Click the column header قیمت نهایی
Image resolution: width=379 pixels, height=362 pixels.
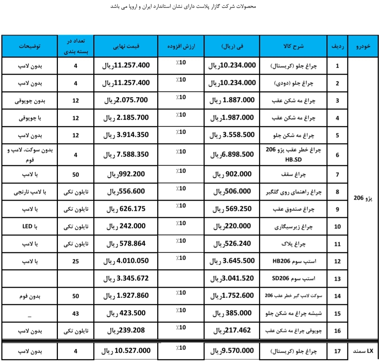click(126, 46)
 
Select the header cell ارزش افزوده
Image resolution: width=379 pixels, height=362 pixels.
click(180, 46)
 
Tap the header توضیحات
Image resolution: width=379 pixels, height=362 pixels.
click(30, 46)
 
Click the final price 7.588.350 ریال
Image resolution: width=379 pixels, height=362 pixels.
click(126, 154)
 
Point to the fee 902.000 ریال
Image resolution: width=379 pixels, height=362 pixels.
click(233, 174)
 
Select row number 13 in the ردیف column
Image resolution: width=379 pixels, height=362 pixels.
click(337, 279)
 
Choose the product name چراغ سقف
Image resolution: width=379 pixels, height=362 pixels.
click(293, 174)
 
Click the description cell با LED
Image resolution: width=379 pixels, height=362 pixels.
click(30, 227)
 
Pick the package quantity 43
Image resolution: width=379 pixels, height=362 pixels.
click(75, 314)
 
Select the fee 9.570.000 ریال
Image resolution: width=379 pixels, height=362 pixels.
click(233, 350)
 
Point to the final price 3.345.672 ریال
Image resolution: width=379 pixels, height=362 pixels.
click(126, 279)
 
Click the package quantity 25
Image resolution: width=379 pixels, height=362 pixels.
click(75, 261)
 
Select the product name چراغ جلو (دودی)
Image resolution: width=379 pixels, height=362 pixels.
click(293, 83)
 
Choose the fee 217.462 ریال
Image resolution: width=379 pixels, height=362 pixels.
click(233, 330)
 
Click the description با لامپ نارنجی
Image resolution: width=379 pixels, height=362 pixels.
click(30, 192)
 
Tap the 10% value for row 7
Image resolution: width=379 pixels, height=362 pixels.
click(181, 171)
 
